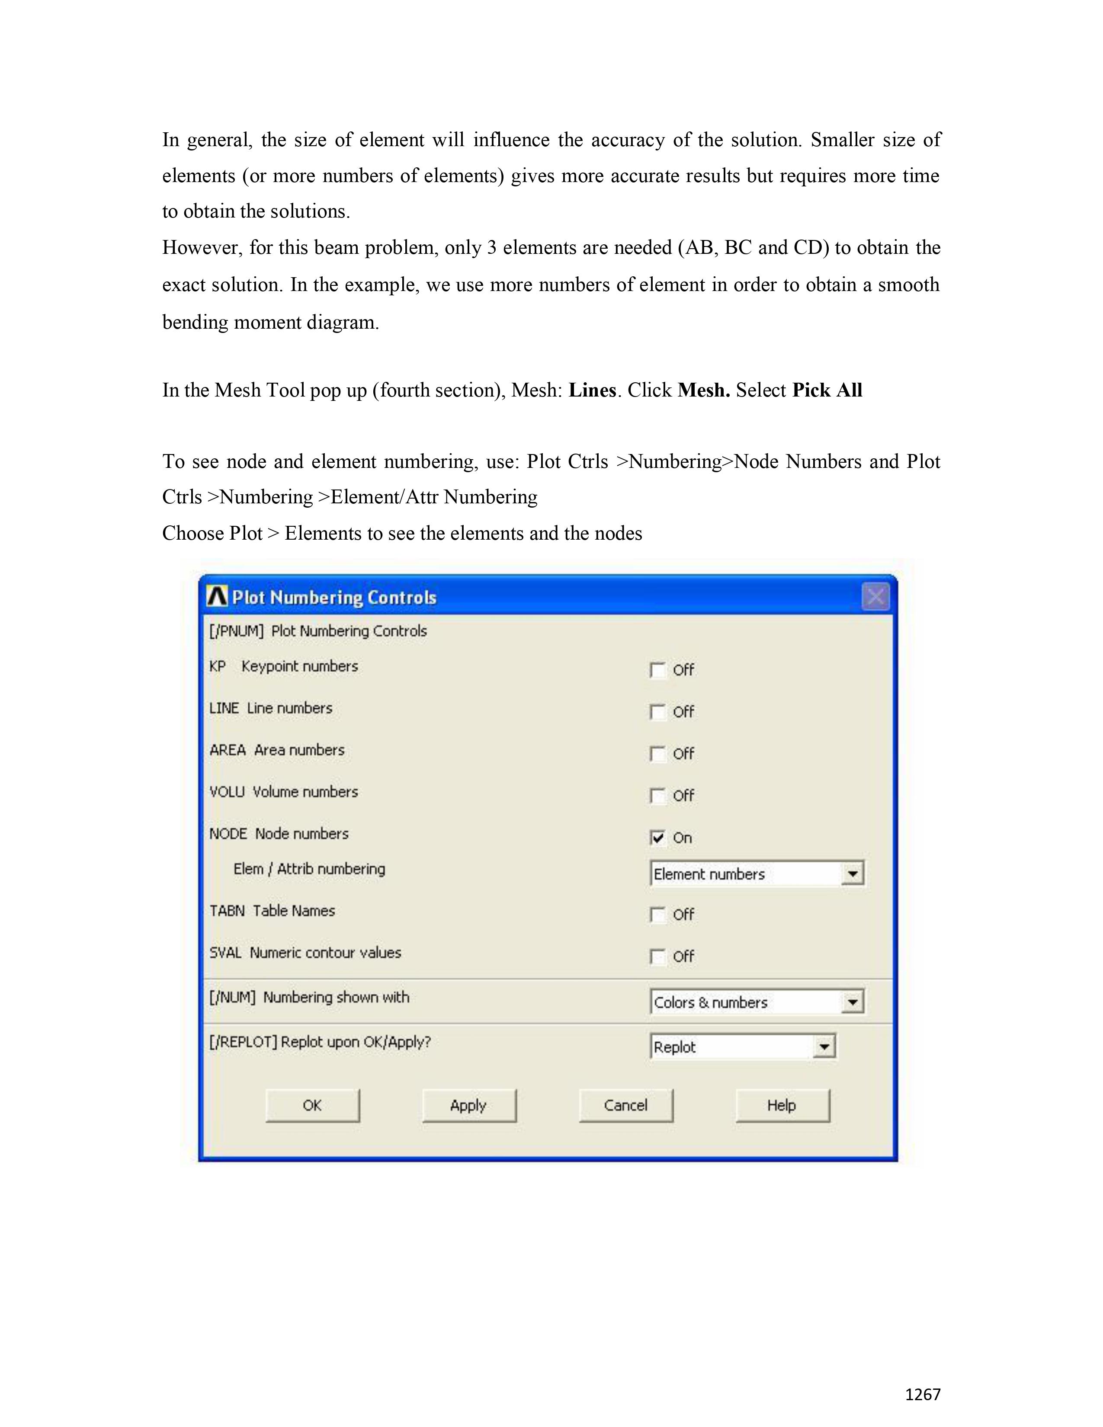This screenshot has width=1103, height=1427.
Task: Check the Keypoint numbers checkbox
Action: pos(657,670)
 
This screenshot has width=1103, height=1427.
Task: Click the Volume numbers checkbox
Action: pos(657,796)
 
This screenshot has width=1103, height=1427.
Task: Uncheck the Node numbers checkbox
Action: pos(657,838)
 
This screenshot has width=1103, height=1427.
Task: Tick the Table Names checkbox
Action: pos(657,915)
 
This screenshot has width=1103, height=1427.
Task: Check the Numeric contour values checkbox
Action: pos(657,957)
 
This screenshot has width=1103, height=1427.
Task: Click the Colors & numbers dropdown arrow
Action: pos(852,1002)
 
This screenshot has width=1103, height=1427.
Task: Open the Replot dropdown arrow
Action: pos(824,1047)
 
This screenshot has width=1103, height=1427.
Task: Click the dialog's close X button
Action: pos(875,597)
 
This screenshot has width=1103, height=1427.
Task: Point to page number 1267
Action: pos(923,1394)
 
